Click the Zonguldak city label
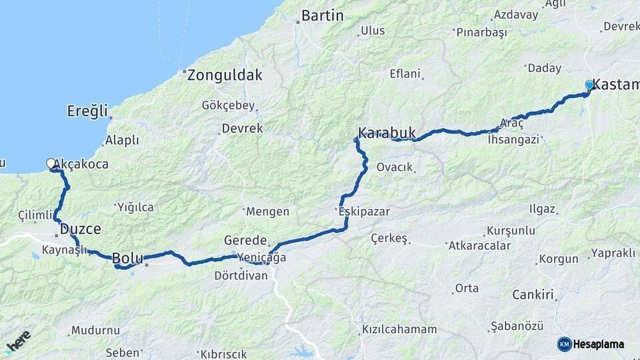225,75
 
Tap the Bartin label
323,15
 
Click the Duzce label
81,229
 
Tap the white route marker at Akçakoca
51,163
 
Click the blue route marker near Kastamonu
589,85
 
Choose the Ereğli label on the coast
87,111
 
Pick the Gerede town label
245,241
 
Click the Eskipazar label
364,212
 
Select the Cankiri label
533,295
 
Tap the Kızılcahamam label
399,329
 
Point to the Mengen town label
267,212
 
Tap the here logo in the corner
18,341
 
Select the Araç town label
512,124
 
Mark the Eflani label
405,74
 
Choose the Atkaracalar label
479,245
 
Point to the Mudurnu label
95,330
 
